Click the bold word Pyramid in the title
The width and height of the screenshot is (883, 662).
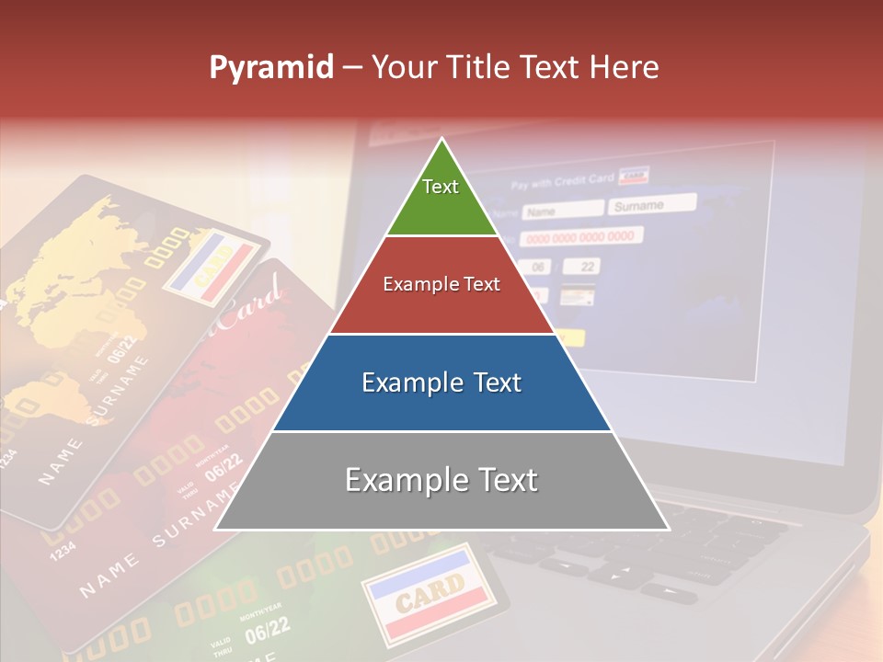click(x=271, y=68)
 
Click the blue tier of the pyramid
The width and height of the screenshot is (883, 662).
click(x=441, y=382)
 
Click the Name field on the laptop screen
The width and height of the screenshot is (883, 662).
click(x=562, y=211)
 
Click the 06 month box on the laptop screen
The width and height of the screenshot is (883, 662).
click(x=538, y=268)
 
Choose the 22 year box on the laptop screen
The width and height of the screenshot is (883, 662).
click(x=584, y=266)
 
